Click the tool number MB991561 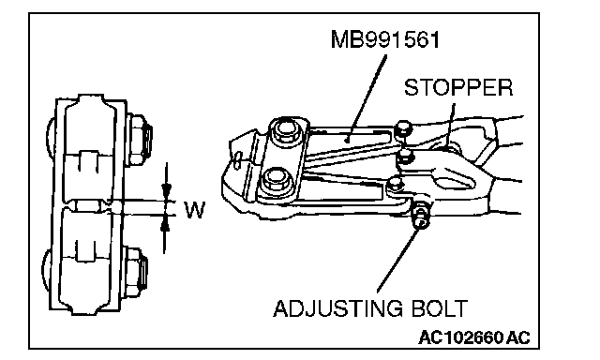click(x=385, y=39)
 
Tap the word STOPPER click(x=458, y=87)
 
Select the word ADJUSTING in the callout click(x=337, y=308)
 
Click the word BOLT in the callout click(x=440, y=308)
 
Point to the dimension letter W click(x=195, y=209)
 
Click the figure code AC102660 click(x=460, y=337)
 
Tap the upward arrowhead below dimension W click(x=165, y=223)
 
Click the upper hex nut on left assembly click(x=139, y=139)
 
